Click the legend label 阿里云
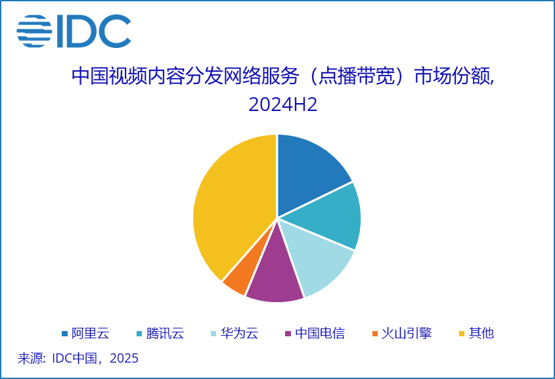click(x=90, y=333)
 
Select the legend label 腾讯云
click(x=165, y=333)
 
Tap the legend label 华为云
click(x=239, y=333)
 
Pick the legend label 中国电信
click(x=320, y=333)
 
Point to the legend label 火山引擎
click(x=407, y=333)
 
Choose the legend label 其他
click(x=482, y=333)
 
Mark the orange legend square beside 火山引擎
click(x=374, y=334)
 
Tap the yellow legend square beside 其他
click(x=462, y=334)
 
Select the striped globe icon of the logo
click(x=34, y=31)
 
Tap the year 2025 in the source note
click(x=124, y=359)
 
